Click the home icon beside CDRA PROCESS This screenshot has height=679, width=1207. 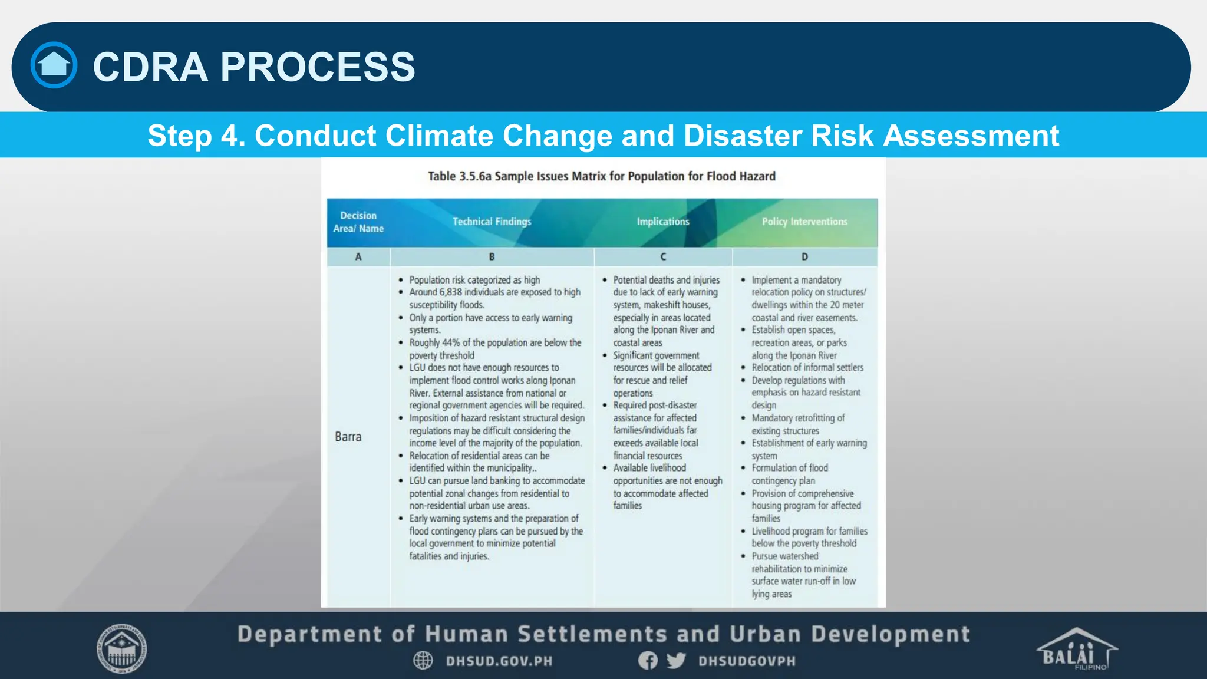click(54, 65)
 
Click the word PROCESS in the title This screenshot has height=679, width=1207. click(318, 67)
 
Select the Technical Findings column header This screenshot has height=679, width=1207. click(492, 222)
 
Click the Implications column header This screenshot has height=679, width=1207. click(662, 222)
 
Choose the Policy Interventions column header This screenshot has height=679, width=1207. click(804, 222)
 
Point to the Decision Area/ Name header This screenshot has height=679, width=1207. click(358, 222)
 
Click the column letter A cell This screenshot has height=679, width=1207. click(358, 257)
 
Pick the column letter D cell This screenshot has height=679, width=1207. click(804, 257)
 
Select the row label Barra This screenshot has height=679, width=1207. click(348, 437)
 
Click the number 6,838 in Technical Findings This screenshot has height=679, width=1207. click(450, 292)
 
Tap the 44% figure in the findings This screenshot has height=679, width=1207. click(451, 343)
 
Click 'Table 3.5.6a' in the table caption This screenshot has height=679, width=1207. click(459, 176)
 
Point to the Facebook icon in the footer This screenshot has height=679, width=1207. click(648, 660)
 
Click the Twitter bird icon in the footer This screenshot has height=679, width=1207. click(676, 660)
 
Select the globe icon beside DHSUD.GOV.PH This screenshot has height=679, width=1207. click(423, 660)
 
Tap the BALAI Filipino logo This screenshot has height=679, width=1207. click(1076, 650)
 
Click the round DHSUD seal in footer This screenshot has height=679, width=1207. click(121, 649)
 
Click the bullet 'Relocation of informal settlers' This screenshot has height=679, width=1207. click(807, 368)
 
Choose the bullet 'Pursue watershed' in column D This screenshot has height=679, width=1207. click(784, 556)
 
